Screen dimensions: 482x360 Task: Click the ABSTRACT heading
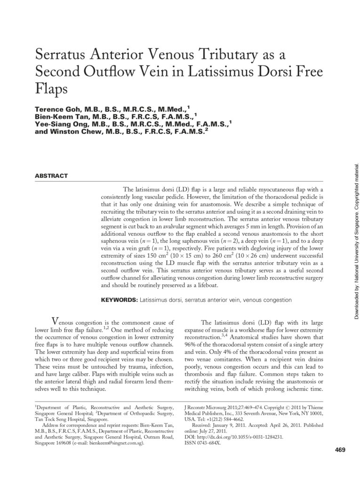tap(51, 176)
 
